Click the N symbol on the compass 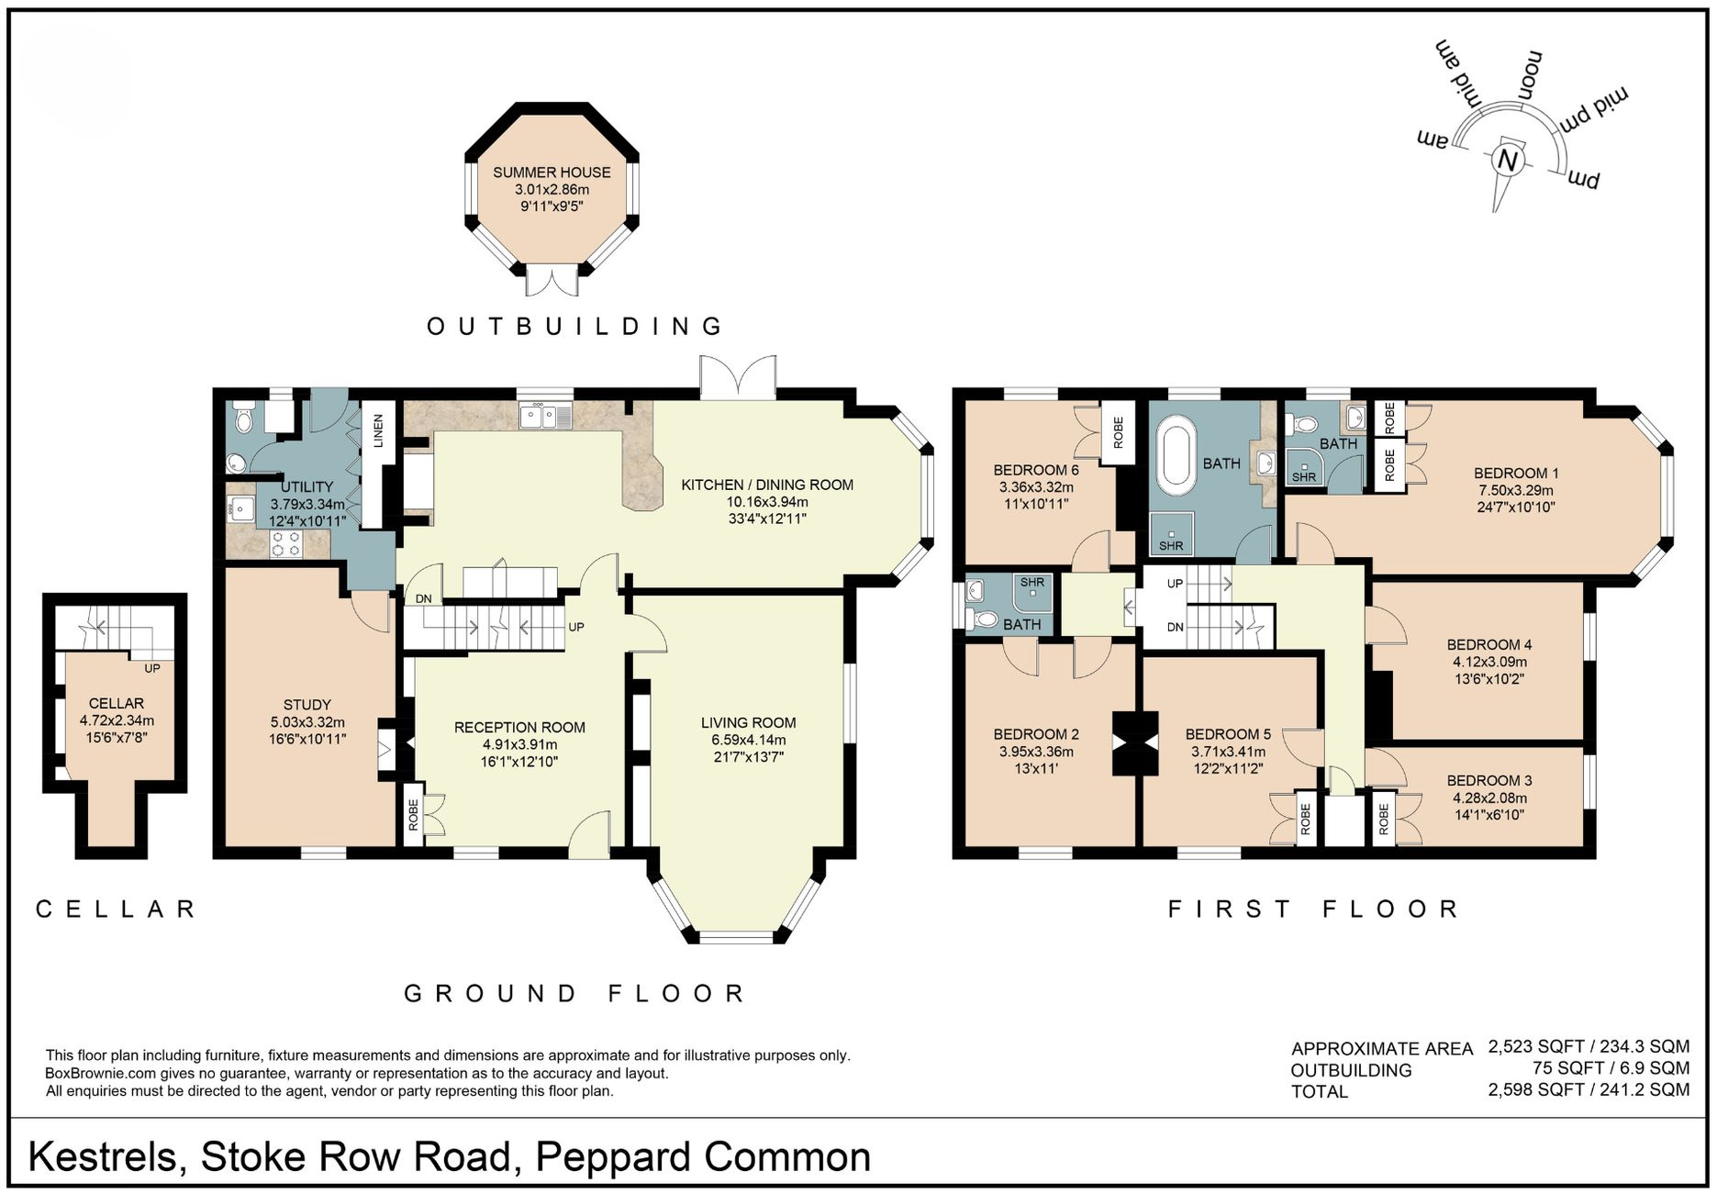pos(1507,160)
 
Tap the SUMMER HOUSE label pos(552,173)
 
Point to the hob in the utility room pos(285,544)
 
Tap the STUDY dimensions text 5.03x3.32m pos(307,722)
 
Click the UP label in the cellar pos(152,668)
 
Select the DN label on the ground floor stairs pos(423,599)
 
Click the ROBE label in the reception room pos(413,813)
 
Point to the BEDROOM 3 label pos(1488,781)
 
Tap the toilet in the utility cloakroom pos(242,421)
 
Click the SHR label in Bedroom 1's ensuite pos(1303,477)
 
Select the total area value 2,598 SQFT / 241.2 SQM pos(1588,1090)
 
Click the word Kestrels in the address pos(102,1157)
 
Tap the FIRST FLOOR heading pos(1313,909)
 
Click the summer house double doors pos(552,279)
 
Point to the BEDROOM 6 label pos(1035,470)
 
